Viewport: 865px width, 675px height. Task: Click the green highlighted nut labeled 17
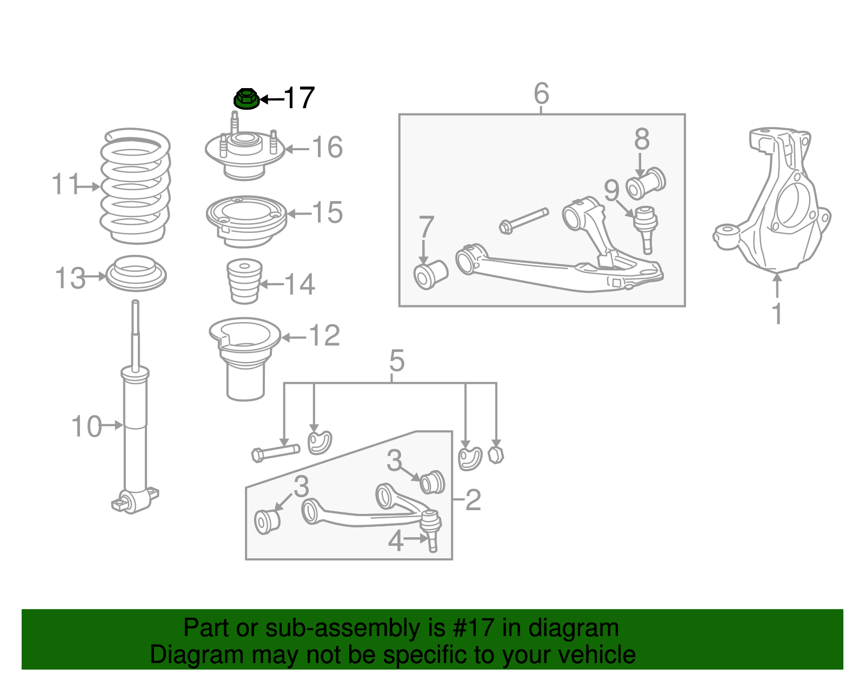pyautogui.click(x=247, y=99)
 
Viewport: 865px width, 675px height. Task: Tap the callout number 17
pyautogui.click(x=299, y=98)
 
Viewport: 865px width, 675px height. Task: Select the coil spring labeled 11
pyautogui.click(x=135, y=186)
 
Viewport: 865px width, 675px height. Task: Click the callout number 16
pyautogui.click(x=327, y=148)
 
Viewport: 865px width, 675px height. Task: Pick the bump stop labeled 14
pyautogui.click(x=244, y=282)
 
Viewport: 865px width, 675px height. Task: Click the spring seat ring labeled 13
pyautogui.click(x=136, y=273)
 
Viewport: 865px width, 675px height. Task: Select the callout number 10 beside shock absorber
pyautogui.click(x=86, y=426)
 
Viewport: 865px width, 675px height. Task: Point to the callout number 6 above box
pyautogui.click(x=541, y=93)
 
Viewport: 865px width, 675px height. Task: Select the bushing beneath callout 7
pyautogui.click(x=430, y=275)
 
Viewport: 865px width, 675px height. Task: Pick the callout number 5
pyautogui.click(x=396, y=360)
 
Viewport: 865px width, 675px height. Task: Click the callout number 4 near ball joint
pyautogui.click(x=396, y=540)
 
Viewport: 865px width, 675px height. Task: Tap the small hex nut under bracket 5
pyautogui.click(x=495, y=455)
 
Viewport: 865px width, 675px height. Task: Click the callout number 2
pyautogui.click(x=473, y=500)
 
